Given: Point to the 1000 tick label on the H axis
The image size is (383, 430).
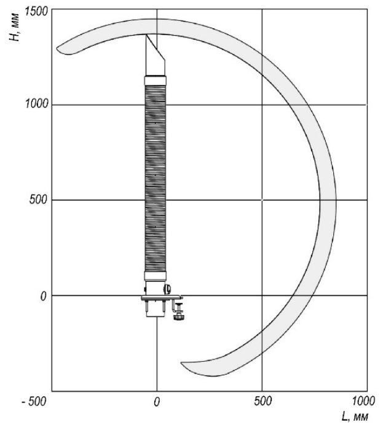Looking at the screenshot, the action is (36, 104).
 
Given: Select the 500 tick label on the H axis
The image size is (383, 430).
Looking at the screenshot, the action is (38, 200).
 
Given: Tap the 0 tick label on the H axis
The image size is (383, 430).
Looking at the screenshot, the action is (43, 296).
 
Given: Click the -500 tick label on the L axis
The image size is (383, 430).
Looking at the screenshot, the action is (34, 402).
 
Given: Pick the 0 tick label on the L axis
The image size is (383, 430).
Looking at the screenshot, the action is (157, 402).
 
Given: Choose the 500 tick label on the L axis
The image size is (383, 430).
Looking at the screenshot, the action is (263, 401).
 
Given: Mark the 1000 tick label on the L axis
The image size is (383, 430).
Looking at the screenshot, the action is (363, 401).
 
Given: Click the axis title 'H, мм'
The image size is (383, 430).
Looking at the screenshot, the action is (14, 27).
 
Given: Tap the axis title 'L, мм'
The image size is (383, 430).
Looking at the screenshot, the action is (355, 417).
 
